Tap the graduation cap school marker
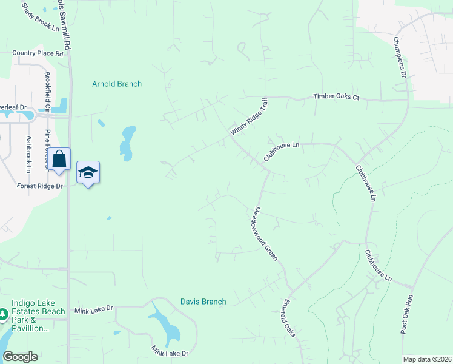click(x=88, y=172)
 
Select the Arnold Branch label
click(x=117, y=84)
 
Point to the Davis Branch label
click(x=203, y=302)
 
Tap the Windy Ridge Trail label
click(x=248, y=118)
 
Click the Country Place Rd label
click(x=38, y=53)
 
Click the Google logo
click(x=21, y=357)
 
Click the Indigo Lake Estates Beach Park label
click(x=30, y=319)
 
